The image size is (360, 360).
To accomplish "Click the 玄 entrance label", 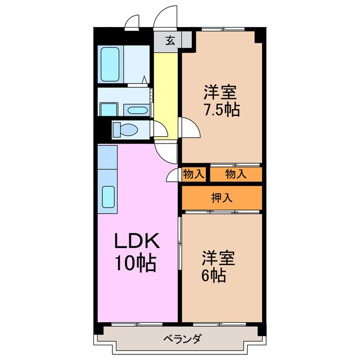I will click(x=169, y=40).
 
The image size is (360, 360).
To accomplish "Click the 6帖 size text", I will click(x=214, y=276).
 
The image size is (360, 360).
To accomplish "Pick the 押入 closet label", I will click(x=222, y=197).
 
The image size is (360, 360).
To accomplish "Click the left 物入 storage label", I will click(x=193, y=174).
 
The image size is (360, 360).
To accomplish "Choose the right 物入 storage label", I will click(x=236, y=174).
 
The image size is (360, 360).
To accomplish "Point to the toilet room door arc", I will click(x=160, y=131).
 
